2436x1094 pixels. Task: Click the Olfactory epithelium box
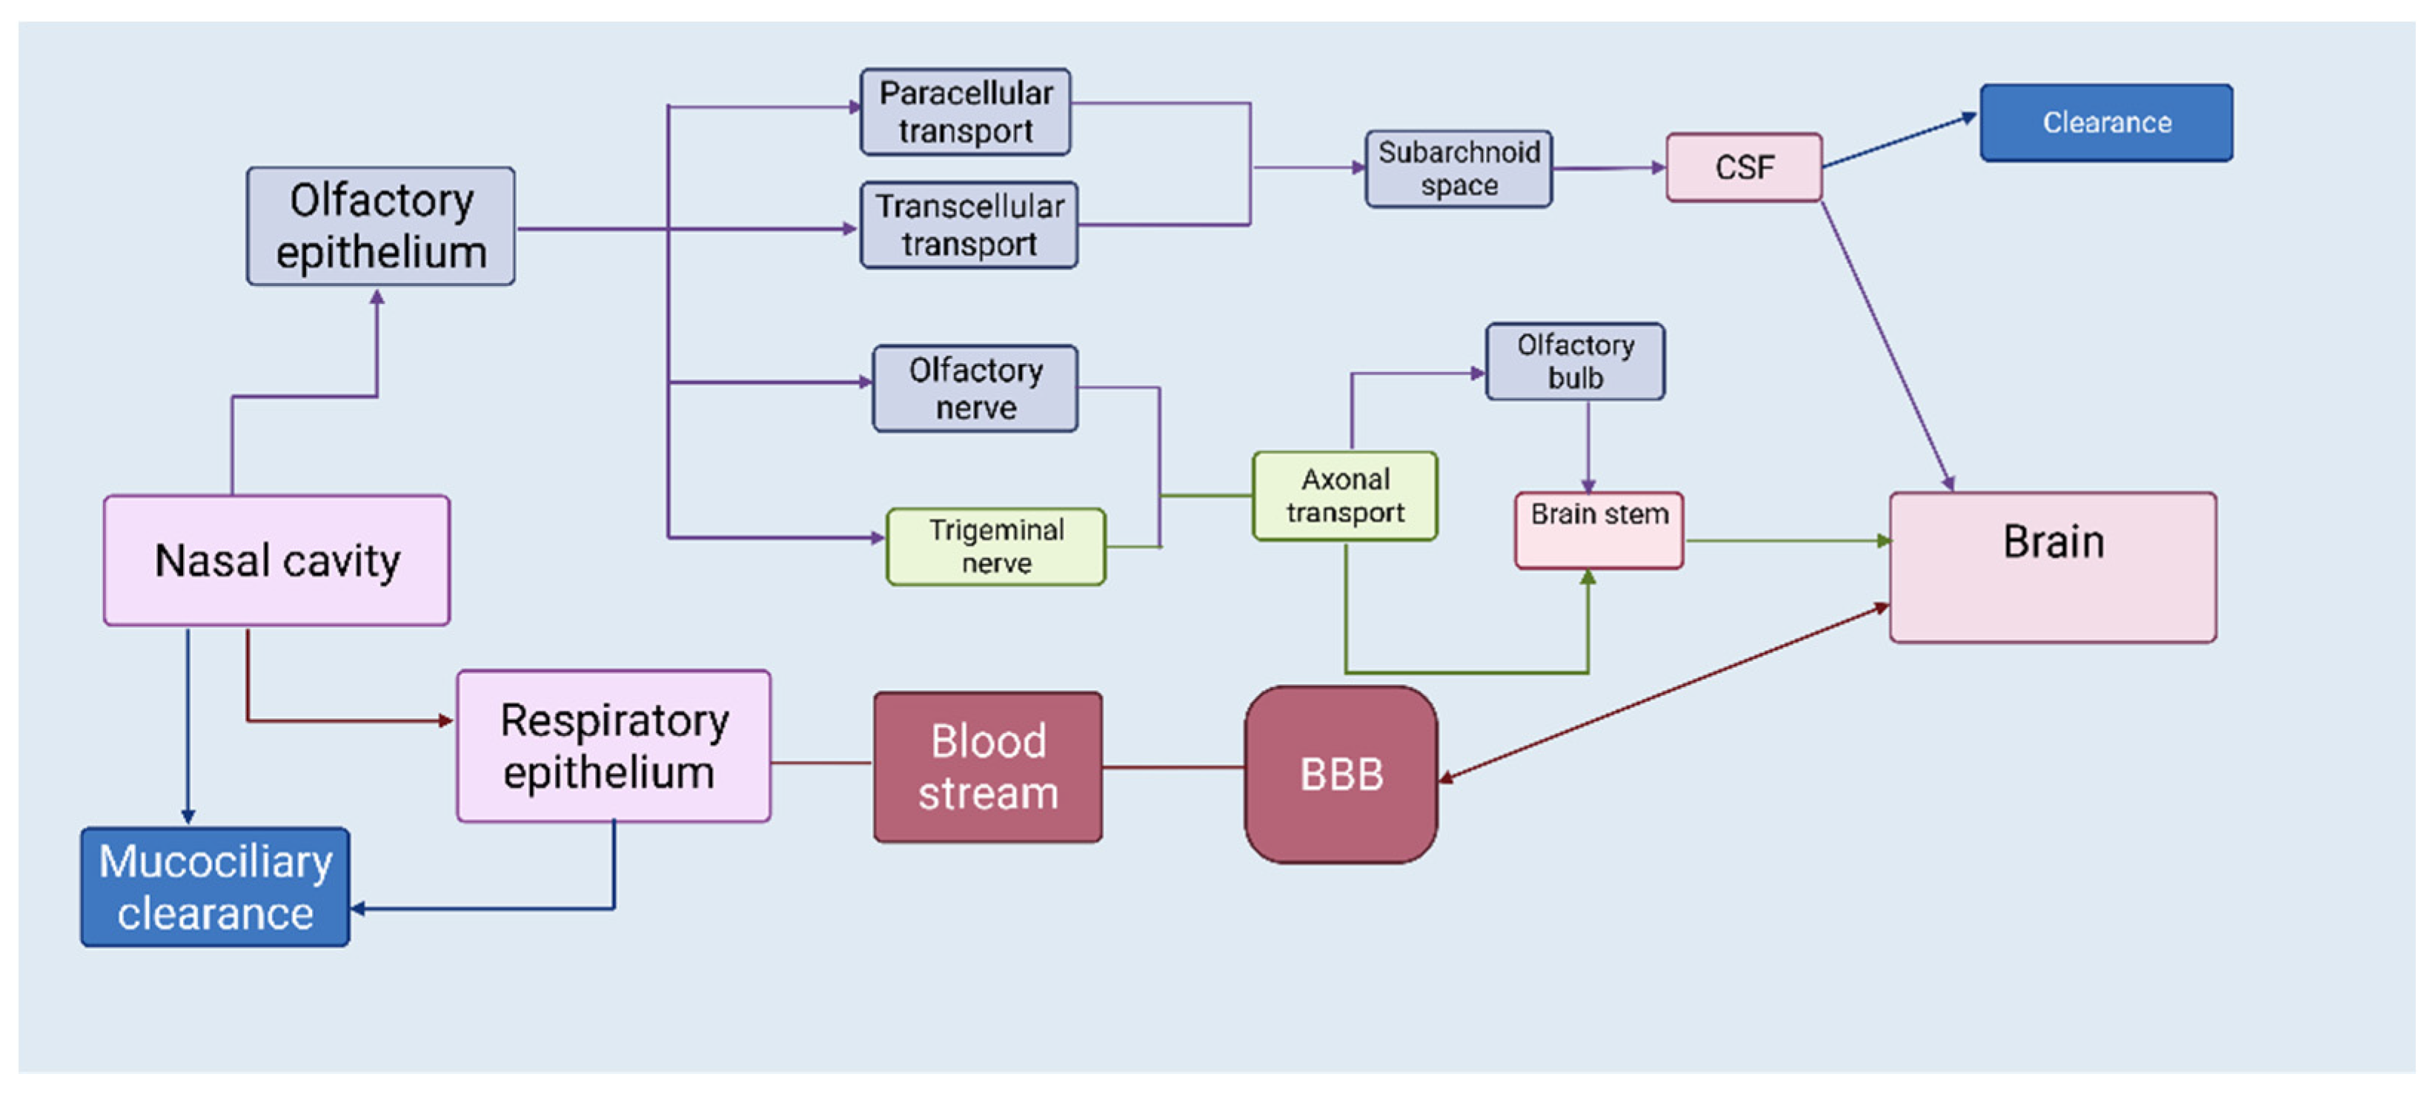click(x=380, y=226)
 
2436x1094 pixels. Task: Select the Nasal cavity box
click(x=276, y=560)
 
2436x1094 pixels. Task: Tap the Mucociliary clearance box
click(x=215, y=887)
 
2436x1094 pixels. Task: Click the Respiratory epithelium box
click(x=613, y=746)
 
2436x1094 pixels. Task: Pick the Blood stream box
click(x=987, y=767)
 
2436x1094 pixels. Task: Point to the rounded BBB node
click(x=1340, y=775)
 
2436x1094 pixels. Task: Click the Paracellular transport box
click(x=965, y=112)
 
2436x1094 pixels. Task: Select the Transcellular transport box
click(x=969, y=225)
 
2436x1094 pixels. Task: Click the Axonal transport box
click(x=1344, y=495)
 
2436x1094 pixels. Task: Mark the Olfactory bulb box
click(x=1575, y=361)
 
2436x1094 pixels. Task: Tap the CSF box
click(x=1743, y=168)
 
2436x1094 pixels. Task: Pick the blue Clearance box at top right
click(x=2106, y=123)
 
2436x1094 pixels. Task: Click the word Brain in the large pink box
click(x=2053, y=543)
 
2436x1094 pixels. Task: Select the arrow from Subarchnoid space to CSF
click(x=1607, y=168)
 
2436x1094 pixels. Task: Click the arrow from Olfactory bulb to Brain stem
click(x=1587, y=445)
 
